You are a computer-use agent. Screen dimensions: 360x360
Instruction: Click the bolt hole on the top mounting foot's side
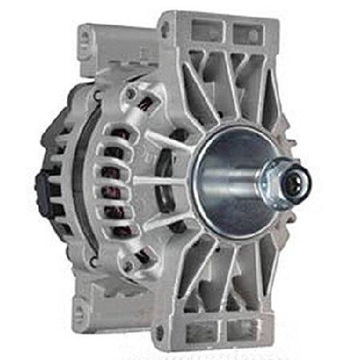coord(166,30)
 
